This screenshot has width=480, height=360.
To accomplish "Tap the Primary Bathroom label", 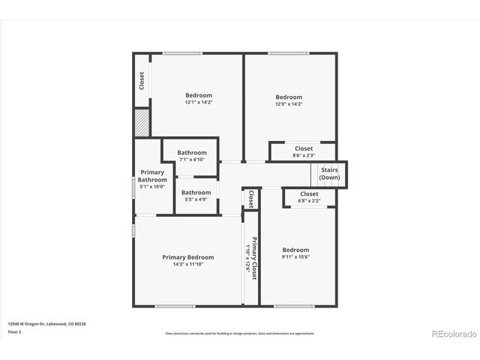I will [x=152, y=176].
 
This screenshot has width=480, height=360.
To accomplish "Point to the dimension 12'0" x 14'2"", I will [x=289, y=104].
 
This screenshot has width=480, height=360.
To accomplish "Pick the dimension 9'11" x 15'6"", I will [x=295, y=257].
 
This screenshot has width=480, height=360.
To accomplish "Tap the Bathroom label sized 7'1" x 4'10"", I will [x=192, y=153].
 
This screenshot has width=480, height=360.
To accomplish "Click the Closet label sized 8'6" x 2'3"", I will [x=304, y=148].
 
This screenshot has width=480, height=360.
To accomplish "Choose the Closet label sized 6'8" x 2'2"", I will [x=309, y=194].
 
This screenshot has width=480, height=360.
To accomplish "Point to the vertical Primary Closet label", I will [x=254, y=259].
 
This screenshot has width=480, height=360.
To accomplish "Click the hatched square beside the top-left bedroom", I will [x=142, y=122].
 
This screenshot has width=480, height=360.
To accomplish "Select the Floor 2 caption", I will [x=15, y=331].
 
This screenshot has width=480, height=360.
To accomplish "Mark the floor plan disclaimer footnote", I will [x=240, y=334].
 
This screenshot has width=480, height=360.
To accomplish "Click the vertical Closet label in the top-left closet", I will [x=142, y=80].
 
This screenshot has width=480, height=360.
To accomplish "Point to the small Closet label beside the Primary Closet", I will [x=250, y=199].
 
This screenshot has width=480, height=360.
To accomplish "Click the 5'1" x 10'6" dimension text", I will [x=152, y=187].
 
